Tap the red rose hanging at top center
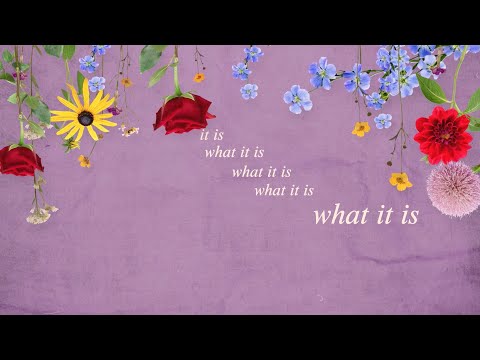[183, 113]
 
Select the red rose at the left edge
[19, 160]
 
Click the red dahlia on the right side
[443, 135]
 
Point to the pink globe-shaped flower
[453, 189]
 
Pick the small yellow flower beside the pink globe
[401, 181]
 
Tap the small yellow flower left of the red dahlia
[361, 129]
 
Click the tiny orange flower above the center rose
[199, 77]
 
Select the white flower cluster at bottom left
[40, 213]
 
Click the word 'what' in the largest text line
[338, 215]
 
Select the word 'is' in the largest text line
[405, 215]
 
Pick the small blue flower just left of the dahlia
[384, 121]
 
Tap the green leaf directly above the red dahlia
[433, 91]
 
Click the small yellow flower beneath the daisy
[85, 160]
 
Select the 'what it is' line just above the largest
[285, 190]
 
